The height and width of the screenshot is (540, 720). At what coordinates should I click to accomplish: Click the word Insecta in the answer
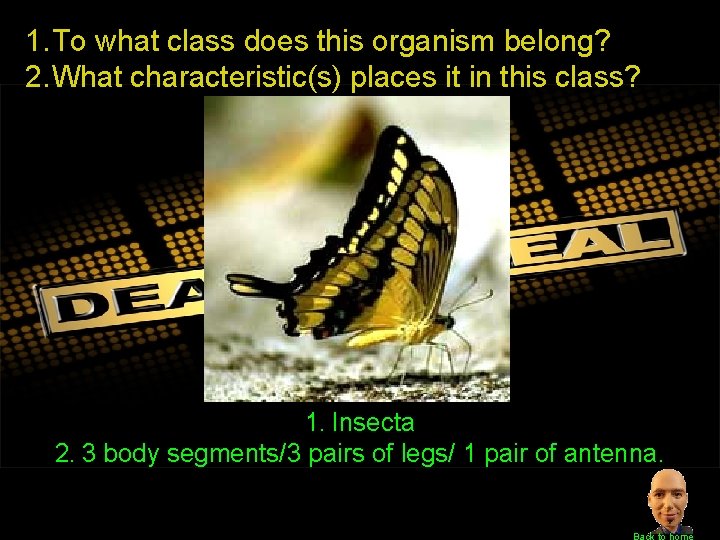tap(372, 423)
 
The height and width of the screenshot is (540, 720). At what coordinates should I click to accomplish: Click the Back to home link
tap(663, 535)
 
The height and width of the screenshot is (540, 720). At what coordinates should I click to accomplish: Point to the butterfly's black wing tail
tap(260, 286)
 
